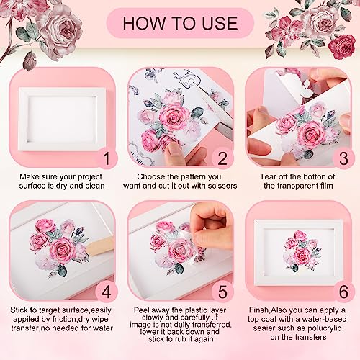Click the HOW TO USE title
(x=180, y=23)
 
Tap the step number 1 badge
(x=107, y=158)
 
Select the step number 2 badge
(x=222, y=158)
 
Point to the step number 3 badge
(x=343, y=158)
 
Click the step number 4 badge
(x=107, y=292)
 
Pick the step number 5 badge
(x=222, y=292)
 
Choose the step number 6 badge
(x=343, y=292)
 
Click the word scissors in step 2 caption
(x=222, y=186)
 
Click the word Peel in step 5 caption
(x=142, y=310)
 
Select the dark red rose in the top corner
(x=342, y=47)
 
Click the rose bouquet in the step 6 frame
(x=302, y=250)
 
